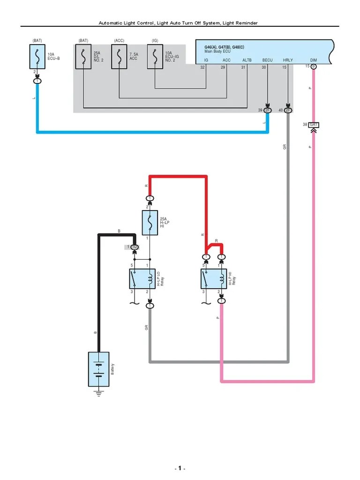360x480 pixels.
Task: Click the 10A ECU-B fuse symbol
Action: (x=37, y=57)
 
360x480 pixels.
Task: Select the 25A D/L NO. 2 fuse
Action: (x=83, y=57)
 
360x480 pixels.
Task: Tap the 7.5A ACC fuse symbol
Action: (x=119, y=57)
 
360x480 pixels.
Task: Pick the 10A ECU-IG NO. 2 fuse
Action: (x=155, y=57)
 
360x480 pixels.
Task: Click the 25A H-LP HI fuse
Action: (x=150, y=223)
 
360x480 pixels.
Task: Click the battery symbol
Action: (x=99, y=369)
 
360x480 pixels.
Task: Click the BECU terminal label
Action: (x=267, y=60)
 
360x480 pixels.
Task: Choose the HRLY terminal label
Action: (x=288, y=60)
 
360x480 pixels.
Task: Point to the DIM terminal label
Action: (x=314, y=60)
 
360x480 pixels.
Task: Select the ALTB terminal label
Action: (x=247, y=60)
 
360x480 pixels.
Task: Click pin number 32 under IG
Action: (x=202, y=67)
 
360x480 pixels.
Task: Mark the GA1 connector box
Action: (x=314, y=125)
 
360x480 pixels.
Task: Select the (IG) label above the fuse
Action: (x=155, y=41)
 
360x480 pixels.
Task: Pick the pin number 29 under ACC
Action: (x=223, y=67)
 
